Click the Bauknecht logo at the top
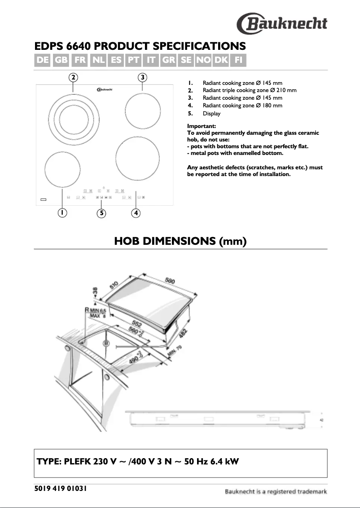pyautogui.click(x=282, y=23)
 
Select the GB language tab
pyautogui.click(x=61, y=60)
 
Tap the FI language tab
pyautogui.click(x=238, y=60)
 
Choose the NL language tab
pyautogui.click(x=97, y=60)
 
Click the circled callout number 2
pyautogui.click(x=74, y=77)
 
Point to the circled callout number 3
pyautogui.click(x=142, y=77)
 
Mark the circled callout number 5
pyautogui.click(x=102, y=213)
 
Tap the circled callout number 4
pyautogui.click(x=136, y=213)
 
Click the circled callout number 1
pyautogui.click(x=61, y=213)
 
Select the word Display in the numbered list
pyautogui.click(x=211, y=114)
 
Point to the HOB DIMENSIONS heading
pyautogui.click(x=180, y=241)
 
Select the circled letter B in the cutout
pyautogui.click(x=106, y=344)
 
